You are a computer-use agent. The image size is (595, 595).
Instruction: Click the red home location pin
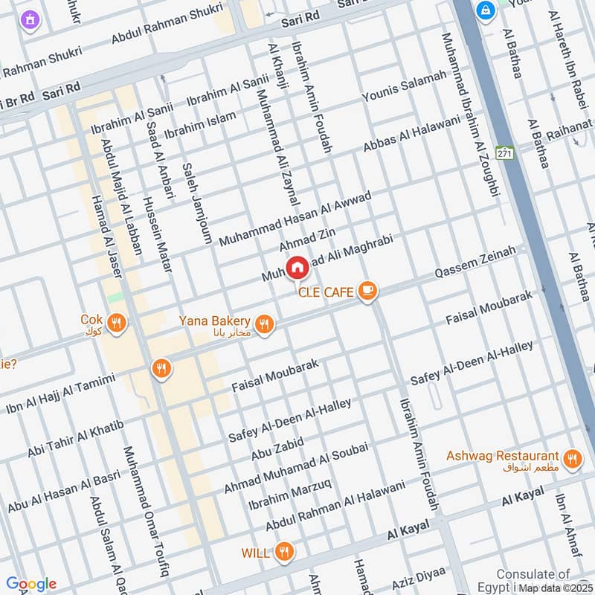pyautogui.click(x=297, y=267)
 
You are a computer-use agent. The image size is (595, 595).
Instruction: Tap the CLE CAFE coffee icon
pyautogui.click(x=366, y=291)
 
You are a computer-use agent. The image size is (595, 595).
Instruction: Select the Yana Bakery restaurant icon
pyautogui.click(x=263, y=324)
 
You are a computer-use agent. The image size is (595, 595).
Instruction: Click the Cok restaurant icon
pyautogui.click(x=115, y=323)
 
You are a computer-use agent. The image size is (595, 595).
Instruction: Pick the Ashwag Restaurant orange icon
pyautogui.click(x=571, y=459)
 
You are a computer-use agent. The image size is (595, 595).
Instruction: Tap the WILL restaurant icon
pyautogui.click(x=283, y=552)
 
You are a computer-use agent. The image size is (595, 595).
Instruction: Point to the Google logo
pyautogui.click(x=30, y=584)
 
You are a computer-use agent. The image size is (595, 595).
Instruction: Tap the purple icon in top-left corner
pyautogui.click(x=29, y=19)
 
